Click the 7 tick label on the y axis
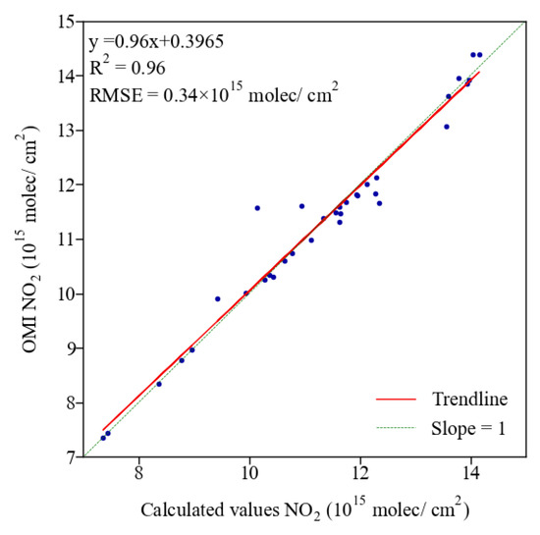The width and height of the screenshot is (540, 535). [73, 456]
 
